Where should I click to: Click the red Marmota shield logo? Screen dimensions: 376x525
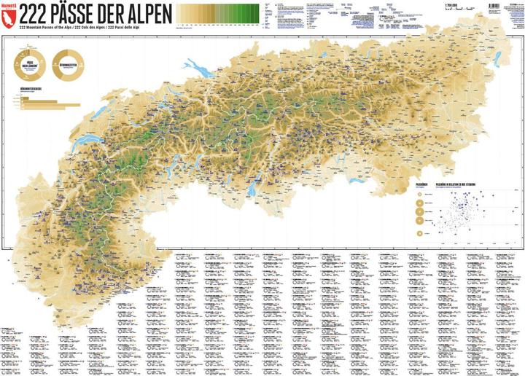pyautogui.click(x=9, y=12)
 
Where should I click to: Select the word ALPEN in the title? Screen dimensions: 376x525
pyautogui.click(x=146, y=12)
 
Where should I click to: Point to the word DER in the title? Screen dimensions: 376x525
pyautogui.click(x=115, y=12)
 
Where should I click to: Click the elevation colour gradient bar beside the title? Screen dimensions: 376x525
pyautogui.click(x=218, y=12)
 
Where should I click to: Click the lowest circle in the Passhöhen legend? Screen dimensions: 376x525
pyautogui.click(x=420, y=232)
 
